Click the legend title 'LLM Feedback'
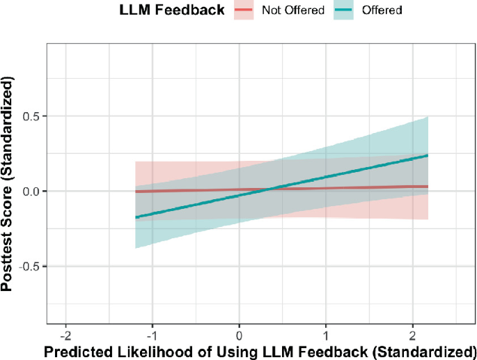pos(172,10)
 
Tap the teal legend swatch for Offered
pos(344,11)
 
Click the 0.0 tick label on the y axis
pos(31,191)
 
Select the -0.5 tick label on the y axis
pos(30,266)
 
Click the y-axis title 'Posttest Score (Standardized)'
pos(10,183)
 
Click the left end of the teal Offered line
pos(136,217)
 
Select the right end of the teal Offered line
pos(427,155)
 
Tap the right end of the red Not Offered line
pos(427,187)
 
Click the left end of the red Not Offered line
pos(136,191)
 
